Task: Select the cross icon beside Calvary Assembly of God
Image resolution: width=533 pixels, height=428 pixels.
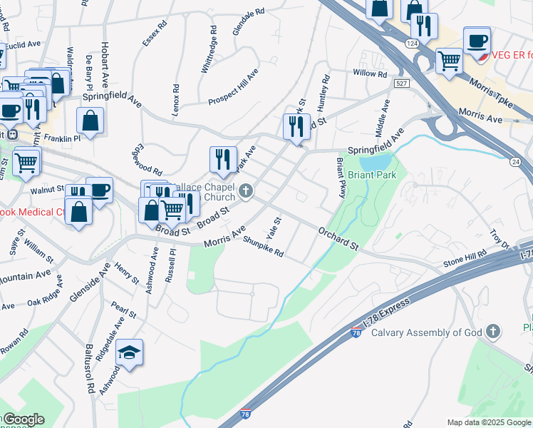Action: [492, 332]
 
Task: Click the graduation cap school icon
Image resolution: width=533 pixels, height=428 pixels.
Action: [129, 352]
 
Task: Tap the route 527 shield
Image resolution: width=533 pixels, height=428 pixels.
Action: [400, 83]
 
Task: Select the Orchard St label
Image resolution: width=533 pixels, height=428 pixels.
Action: [338, 238]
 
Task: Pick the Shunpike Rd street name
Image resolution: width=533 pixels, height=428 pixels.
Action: [263, 248]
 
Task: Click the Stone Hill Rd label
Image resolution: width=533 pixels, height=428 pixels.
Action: [465, 258]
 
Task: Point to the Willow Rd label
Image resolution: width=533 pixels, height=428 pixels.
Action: [369, 73]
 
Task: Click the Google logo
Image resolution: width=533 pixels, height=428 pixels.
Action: [24, 419]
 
